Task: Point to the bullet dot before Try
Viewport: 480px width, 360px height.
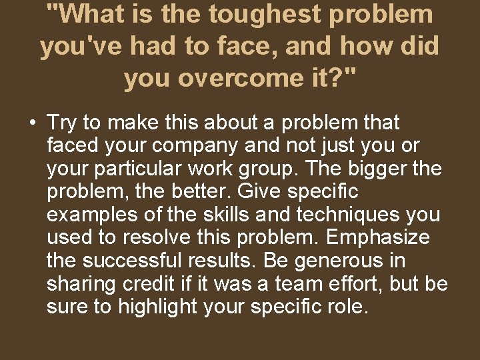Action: tap(31, 123)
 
